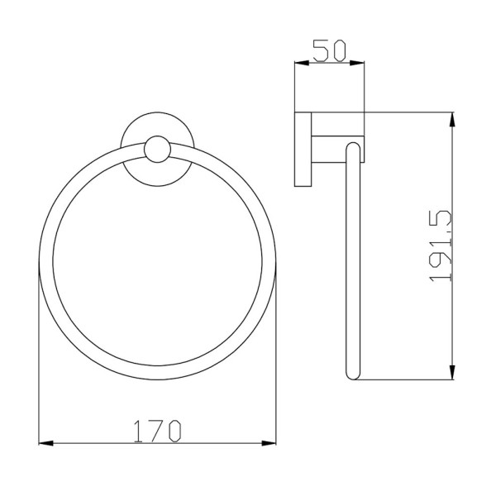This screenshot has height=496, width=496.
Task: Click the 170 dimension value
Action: coord(157,431)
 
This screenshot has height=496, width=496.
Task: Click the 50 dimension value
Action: coord(330,50)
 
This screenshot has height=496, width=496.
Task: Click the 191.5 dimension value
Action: coord(441,246)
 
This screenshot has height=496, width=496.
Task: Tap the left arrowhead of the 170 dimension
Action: coord(45,443)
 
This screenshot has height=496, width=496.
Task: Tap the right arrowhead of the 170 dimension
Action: coord(269,443)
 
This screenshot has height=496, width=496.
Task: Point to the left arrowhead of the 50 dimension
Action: coord(302,63)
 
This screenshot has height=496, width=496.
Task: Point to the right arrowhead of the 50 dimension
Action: coord(357,63)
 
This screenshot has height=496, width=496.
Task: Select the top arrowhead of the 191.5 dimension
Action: coord(453,120)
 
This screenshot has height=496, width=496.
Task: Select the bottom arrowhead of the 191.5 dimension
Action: coord(453,372)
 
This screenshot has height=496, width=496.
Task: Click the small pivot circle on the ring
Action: coord(157,150)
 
